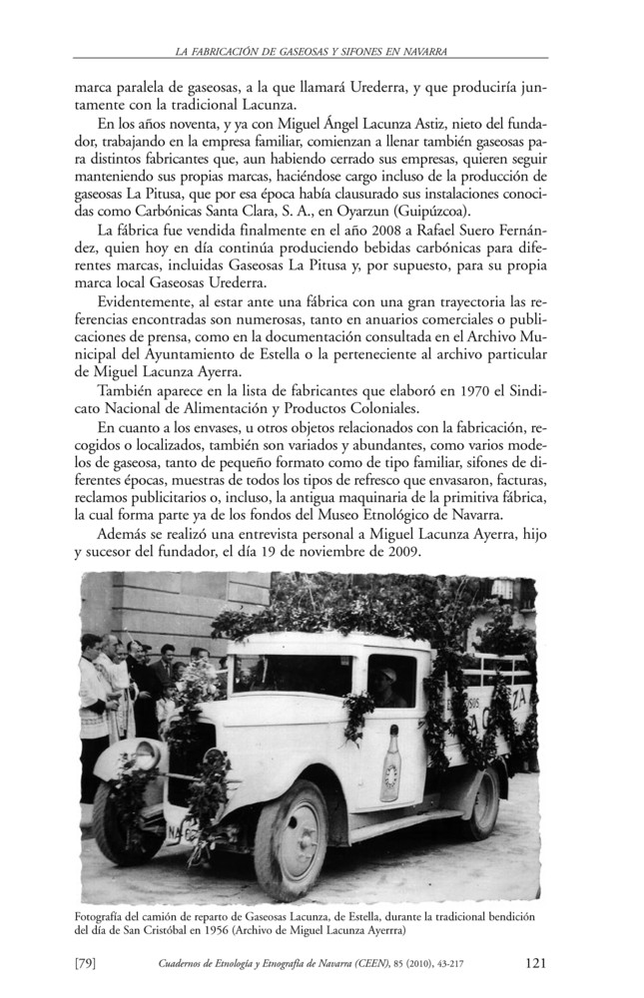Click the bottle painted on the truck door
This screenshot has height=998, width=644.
tap(390, 762)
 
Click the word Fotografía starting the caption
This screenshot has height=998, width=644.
tap(106, 916)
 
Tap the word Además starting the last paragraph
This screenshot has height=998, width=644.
tap(124, 537)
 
